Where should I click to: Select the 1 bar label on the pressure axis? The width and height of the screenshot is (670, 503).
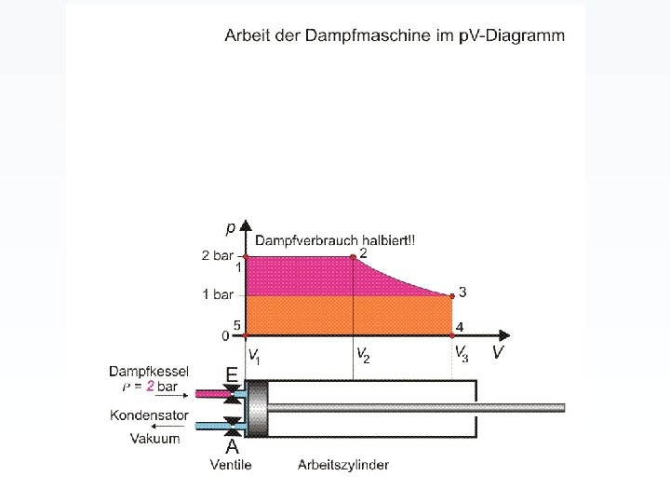pos(217,295)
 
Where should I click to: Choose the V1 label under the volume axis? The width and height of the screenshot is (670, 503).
pos(253,354)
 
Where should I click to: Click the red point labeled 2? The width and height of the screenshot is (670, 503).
pos(352,257)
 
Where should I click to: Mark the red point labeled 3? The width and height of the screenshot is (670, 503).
pos(453,296)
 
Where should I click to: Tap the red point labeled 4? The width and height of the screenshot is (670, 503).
pos(452,334)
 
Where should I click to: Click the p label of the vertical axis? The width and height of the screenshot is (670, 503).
pos(230,227)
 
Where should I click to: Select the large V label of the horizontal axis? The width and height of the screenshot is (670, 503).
pos(499,352)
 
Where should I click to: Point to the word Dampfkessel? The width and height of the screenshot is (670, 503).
pos(149,370)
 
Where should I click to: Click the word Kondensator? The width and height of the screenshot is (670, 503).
pos(149,415)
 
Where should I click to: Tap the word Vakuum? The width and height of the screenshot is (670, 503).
pos(154,439)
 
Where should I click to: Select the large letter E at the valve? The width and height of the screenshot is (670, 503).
pos(231,373)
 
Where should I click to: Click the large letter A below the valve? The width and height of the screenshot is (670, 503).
pos(232,446)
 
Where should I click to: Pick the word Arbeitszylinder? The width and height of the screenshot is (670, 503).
pos(343,464)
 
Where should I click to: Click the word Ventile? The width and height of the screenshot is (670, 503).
pos(231,464)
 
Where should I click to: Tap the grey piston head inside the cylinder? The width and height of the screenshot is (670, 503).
pos(255,408)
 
